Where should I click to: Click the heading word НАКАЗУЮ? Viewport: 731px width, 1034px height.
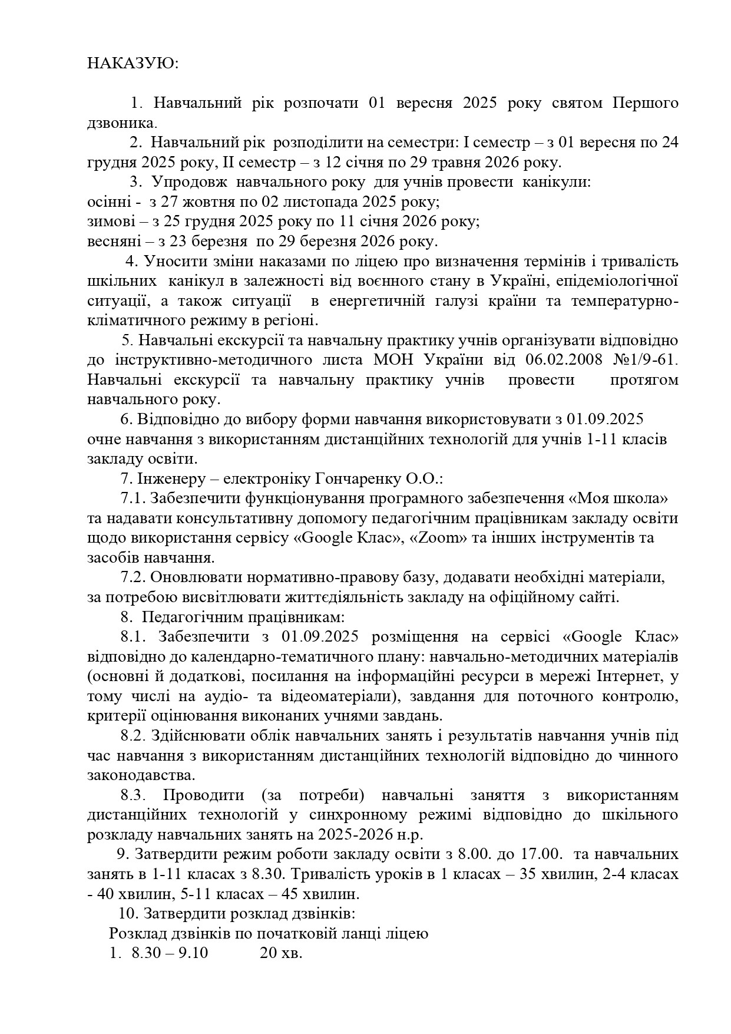click(133, 64)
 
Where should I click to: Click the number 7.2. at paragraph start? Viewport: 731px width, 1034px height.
click(133, 578)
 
